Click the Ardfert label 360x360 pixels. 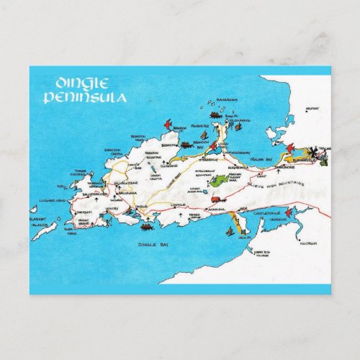tap(312, 110)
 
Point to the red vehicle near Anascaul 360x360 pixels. tap(216, 195)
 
